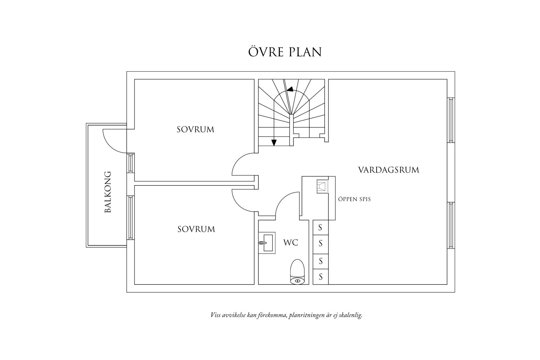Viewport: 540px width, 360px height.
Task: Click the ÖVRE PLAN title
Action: [x=285, y=52]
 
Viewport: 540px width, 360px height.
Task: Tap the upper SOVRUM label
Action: [x=195, y=130]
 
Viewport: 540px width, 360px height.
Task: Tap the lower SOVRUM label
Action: [x=196, y=229]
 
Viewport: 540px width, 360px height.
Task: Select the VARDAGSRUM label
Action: [x=389, y=170]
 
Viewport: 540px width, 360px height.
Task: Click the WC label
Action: [x=291, y=243]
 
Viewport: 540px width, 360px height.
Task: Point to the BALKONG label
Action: [x=108, y=192]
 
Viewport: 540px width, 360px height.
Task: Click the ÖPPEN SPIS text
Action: [x=354, y=200]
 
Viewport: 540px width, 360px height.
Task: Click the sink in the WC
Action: [x=267, y=243]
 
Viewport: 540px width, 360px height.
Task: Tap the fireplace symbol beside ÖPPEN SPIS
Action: [x=322, y=186]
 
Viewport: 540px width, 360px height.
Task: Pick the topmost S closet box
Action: [x=320, y=227]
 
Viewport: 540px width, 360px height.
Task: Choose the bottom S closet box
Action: [x=320, y=277]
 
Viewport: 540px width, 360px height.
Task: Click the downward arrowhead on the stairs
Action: [x=274, y=143]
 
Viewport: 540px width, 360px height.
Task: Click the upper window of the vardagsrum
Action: [x=451, y=120]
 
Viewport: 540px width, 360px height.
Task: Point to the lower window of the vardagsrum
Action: [x=451, y=225]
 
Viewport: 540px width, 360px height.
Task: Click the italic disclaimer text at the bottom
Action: [x=286, y=315]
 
